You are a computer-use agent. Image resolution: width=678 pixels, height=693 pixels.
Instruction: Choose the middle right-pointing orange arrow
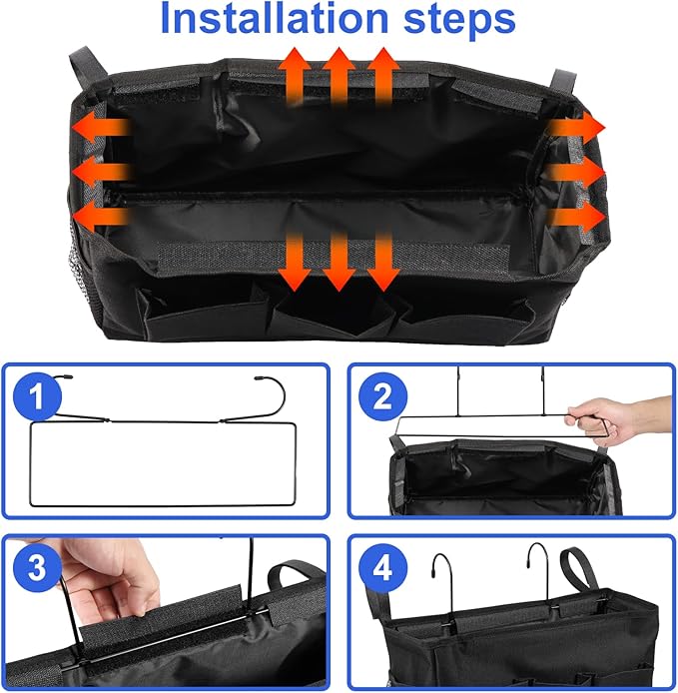tap(576, 172)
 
